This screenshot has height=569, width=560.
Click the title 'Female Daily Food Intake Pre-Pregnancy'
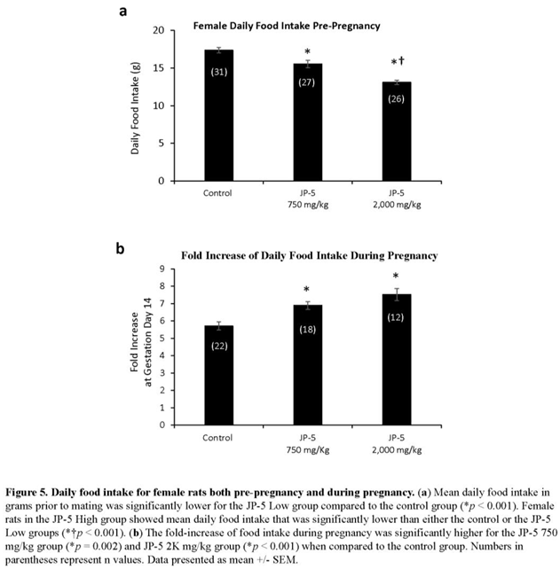click(x=288, y=26)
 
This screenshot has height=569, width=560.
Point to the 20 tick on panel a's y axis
click(x=157, y=30)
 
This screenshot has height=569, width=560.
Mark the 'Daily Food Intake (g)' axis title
click(x=136, y=105)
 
